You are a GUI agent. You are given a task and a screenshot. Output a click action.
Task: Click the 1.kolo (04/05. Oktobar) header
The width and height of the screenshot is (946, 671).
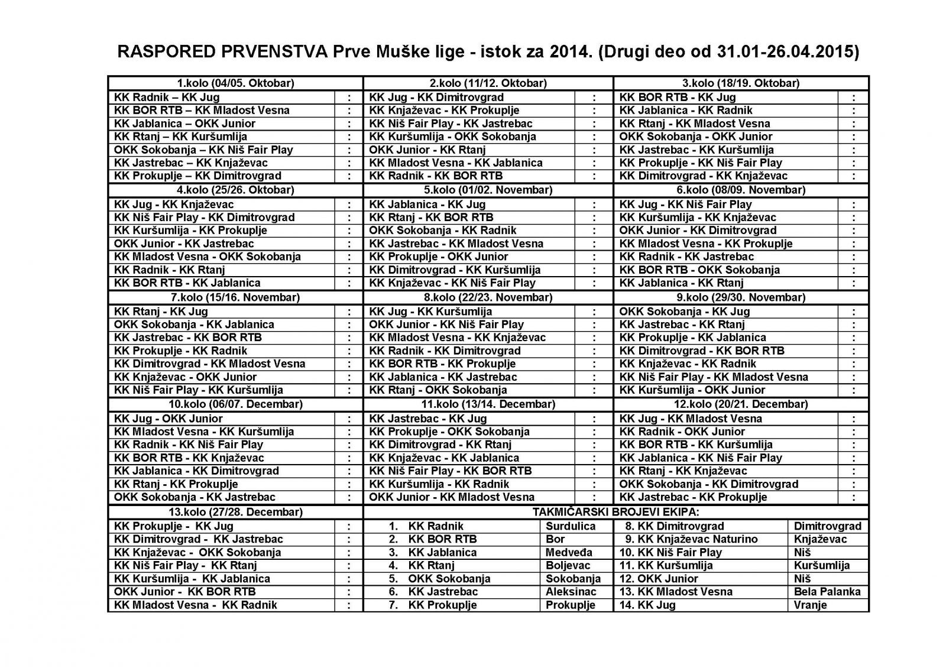click(x=236, y=83)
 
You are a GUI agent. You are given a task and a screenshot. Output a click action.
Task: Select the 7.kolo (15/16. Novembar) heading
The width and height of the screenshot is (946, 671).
click(x=235, y=297)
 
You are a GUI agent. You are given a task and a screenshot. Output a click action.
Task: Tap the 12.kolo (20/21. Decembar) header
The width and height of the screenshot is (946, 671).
click(x=741, y=404)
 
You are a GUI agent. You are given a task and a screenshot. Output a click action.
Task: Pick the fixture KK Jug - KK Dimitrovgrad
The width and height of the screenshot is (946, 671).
click(x=436, y=97)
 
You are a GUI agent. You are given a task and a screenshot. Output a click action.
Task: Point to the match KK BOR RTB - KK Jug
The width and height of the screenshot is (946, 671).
click(x=678, y=97)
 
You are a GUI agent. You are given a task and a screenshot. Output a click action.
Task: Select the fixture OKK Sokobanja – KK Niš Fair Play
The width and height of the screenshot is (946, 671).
click(x=203, y=150)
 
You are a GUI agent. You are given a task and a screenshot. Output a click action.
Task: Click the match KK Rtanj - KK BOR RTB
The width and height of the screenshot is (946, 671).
click(x=431, y=218)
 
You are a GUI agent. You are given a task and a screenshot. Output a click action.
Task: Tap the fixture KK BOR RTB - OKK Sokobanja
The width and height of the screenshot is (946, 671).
click(x=699, y=270)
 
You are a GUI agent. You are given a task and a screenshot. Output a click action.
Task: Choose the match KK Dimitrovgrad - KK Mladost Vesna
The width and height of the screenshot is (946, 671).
click(x=210, y=364)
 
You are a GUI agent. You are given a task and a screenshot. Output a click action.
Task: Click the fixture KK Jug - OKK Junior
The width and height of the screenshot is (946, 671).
click(x=169, y=419)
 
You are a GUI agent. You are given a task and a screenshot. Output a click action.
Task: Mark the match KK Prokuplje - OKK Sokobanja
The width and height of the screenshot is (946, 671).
click(x=449, y=432)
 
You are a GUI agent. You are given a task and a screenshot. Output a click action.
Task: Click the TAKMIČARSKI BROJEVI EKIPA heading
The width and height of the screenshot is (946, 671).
click(x=616, y=513)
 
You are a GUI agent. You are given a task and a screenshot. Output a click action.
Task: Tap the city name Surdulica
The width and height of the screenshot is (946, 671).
click(x=570, y=526)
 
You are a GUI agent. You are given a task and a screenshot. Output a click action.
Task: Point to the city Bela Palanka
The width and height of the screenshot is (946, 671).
click(x=827, y=592)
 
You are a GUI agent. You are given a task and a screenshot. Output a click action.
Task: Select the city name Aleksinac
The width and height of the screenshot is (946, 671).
click(x=571, y=592)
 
